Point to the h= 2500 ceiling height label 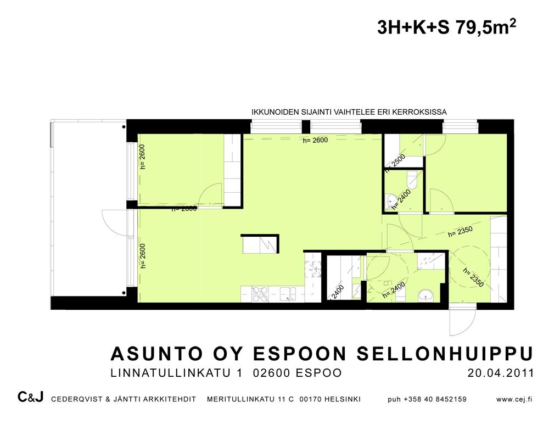(x=395, y=164)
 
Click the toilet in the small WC (x=413, y=180)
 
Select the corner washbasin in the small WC (x=390, y=202)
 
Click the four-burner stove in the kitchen (x=260, y=294)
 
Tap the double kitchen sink (x=288, y=294)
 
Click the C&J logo (x=30, y=398)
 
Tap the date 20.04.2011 (x=501, y=373)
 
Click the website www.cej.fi (x=514, y=399)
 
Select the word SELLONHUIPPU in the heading (x=445, y=354)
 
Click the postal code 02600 (x=272, y=373)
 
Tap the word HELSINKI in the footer (x=343, y=399)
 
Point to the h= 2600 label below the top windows (x=315, y=141)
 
